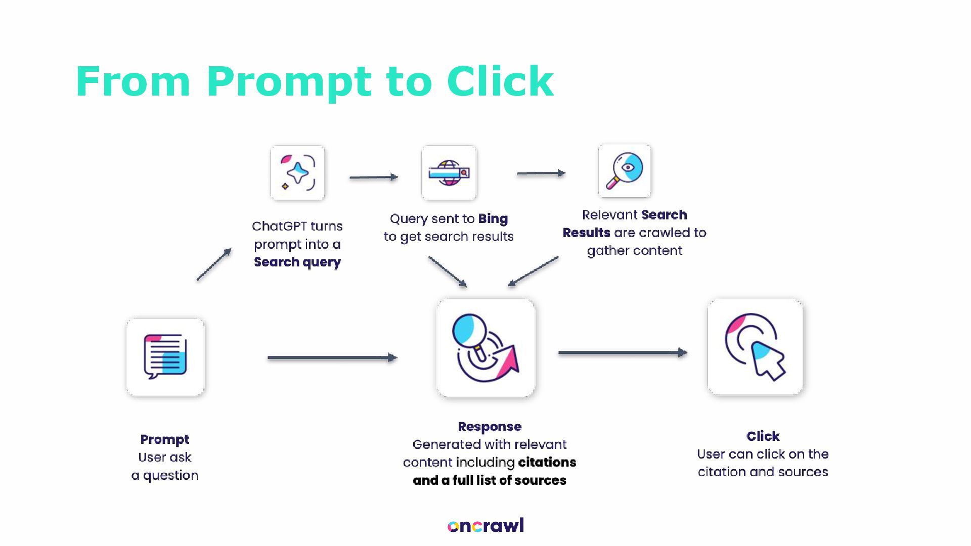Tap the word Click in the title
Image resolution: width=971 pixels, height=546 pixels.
[500, 81]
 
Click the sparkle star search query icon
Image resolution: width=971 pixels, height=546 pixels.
[297, 173]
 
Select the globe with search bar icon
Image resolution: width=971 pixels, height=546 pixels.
[449, 173]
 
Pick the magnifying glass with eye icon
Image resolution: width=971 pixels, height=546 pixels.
[624, 171]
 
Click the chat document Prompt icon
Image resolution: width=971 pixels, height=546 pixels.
[165, 357]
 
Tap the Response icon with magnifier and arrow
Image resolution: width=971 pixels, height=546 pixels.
[485, 348]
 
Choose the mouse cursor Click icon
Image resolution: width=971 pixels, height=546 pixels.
[755, 347]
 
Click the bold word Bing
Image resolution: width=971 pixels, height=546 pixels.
[493, 219]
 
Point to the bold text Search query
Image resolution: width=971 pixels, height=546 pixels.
[297, 262]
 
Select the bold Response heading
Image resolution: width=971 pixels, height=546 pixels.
[490, 427]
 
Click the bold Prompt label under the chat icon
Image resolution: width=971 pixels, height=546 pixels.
[165, 439]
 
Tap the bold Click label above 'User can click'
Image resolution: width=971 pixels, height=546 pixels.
[763, 436]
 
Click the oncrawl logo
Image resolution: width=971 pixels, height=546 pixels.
[485, 526]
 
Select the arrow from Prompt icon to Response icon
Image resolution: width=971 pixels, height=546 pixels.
[332, 358]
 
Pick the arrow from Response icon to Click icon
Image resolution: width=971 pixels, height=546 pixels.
[623, 352]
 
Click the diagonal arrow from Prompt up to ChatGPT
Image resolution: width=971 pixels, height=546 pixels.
[214, 264]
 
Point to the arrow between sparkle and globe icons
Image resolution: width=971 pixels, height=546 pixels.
[374, 177]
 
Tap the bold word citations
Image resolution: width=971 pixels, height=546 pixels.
[547, 463]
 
